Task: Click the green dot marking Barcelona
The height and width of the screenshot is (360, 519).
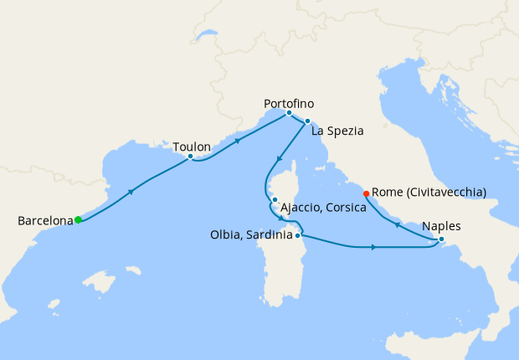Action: [x=78, y=220]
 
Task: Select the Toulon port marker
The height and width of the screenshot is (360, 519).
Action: [x=191, y=157]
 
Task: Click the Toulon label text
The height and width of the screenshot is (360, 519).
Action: [x=191, y=147]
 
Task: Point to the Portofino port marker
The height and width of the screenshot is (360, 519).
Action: [x=289, y=113]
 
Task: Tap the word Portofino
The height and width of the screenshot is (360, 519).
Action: [x=289, y=103]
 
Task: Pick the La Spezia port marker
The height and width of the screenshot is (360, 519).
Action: [x=307, y=121]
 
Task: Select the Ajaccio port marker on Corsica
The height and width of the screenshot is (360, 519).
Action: [x=275, y=199]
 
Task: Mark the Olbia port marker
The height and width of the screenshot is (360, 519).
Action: [x=298, y=236]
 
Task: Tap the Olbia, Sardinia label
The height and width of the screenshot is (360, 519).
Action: [x=251, y=236]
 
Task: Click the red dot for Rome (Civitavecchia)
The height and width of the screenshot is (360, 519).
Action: [x=366, y=194]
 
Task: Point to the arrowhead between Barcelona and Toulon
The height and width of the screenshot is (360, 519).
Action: [x=131, y=192]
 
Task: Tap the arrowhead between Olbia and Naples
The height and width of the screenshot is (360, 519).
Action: [x=373, y=247]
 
